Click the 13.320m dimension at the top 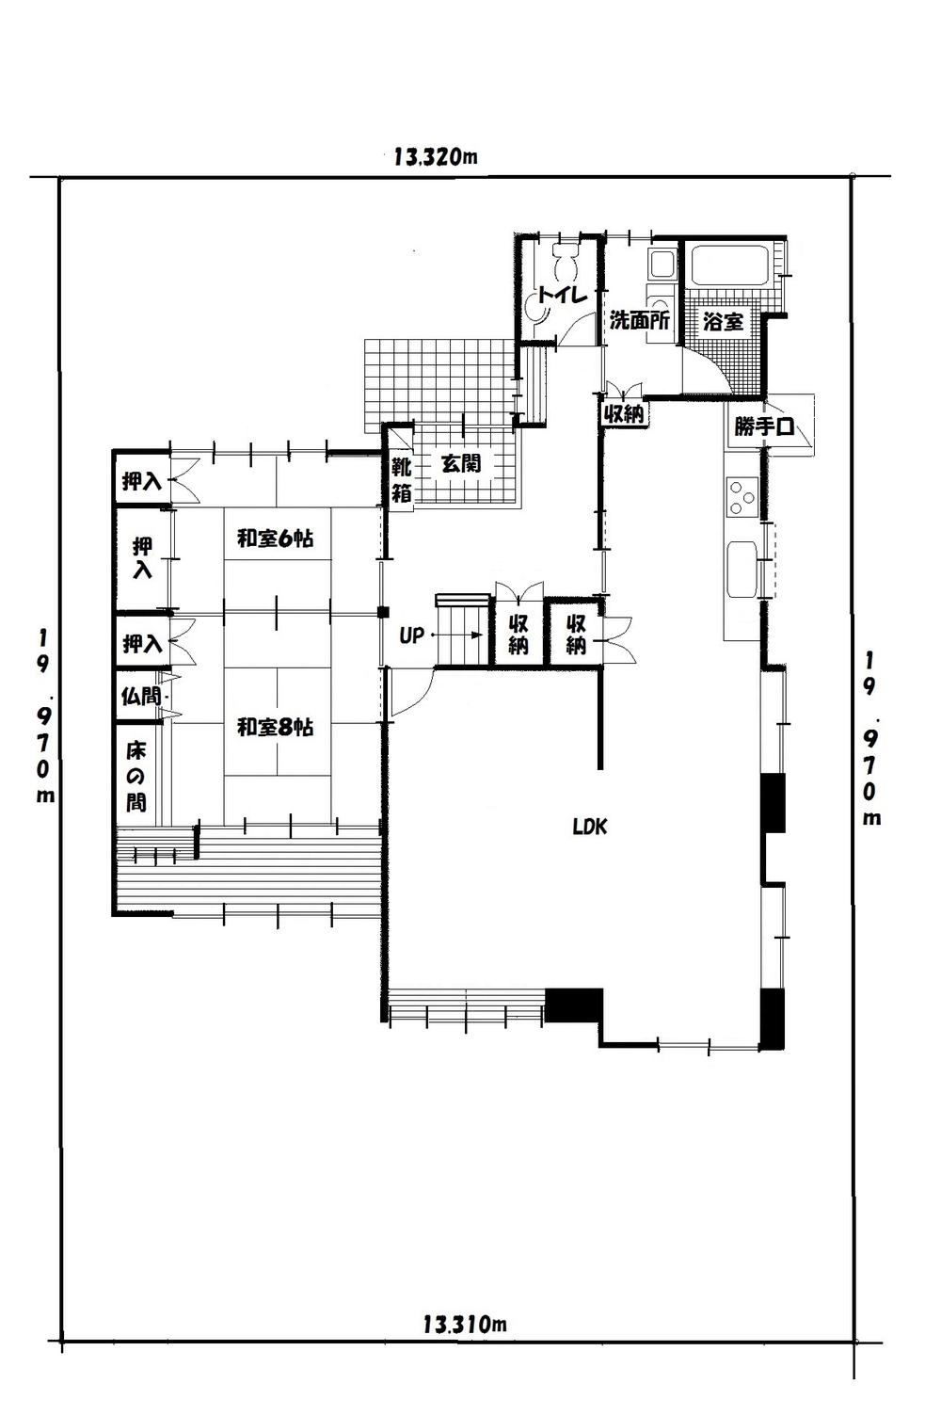[x=436, y=156]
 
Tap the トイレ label [x=564, y=295]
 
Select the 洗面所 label [x=639, y=320]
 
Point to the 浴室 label [x=723, y=322]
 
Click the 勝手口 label [x=763, y=427]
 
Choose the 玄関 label [x=461, y=464]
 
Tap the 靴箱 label [x=402, y=480]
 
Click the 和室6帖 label [x=276, y=539]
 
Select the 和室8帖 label [x=276, y=727]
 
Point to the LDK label [x=591, y=827]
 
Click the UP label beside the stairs [x=412, y=635]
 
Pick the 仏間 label [x=140, y=696]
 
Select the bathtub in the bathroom [x=731, y=265]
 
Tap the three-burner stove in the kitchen [x=742, y=498]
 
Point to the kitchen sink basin [x=742, y=568]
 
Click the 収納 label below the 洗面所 [x=624, y=414]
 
